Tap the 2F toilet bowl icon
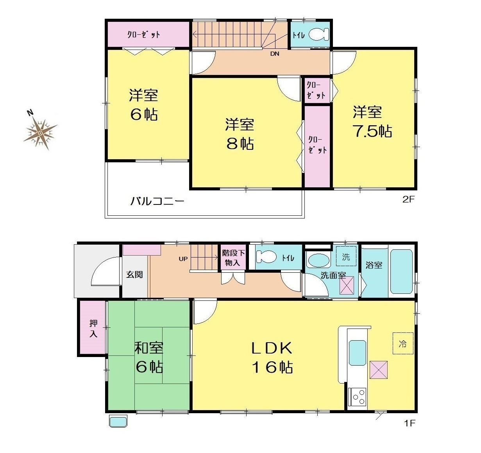click(319, 35)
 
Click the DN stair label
click(275, 54)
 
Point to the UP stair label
click(183, 259)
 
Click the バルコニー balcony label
click(157, 201)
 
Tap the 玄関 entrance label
click(134, 275)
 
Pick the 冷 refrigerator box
click(402, 343)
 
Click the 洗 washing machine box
click(346, 256)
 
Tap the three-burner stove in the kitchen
click(357, 397)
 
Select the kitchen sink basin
click(357, 353)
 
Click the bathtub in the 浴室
click(402, 272)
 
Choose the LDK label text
click(272, 348)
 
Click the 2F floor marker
click(408, 199)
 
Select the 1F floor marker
click(409, 423)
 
